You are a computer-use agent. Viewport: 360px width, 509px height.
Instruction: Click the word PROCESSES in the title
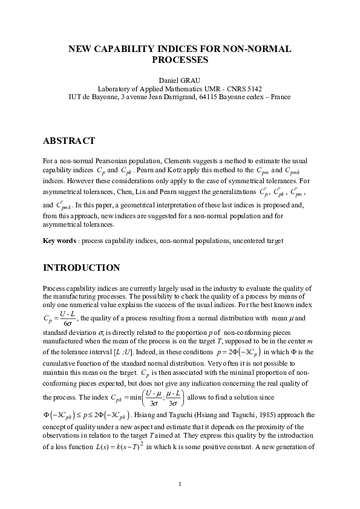pos(180,60)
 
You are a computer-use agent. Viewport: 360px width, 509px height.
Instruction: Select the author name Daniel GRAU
pos(180,80)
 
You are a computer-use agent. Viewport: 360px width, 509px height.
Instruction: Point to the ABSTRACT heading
pos(69,141)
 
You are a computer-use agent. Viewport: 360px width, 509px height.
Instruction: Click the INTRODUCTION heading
pos(81,267)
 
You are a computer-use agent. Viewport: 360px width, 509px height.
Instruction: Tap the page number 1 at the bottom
pos(180,484)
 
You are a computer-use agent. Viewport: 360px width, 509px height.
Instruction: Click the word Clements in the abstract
pos(180,161)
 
